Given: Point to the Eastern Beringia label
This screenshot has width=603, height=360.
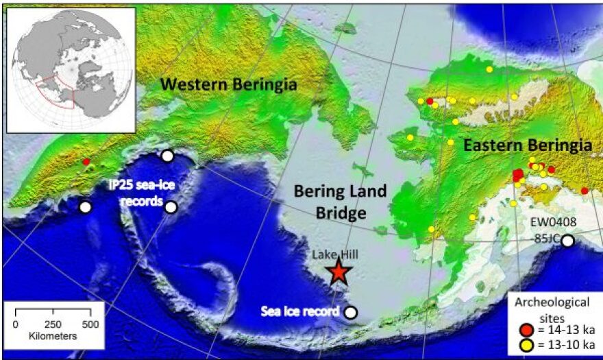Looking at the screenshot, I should pos(526,145).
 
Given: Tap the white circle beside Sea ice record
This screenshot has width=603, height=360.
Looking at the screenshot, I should pos(351,312).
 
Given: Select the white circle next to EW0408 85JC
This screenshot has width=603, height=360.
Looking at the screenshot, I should pos(567,241).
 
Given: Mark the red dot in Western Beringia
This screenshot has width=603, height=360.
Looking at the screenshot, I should pos(86,162).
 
